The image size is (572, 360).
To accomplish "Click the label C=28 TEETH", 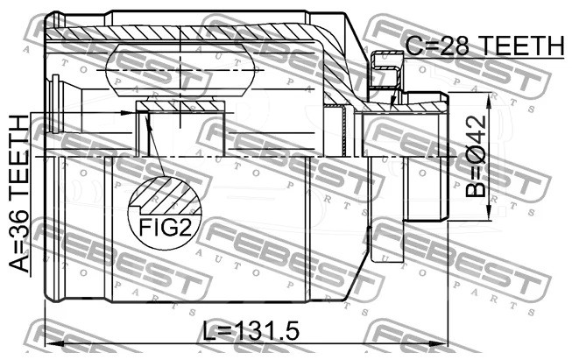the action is point(484,46).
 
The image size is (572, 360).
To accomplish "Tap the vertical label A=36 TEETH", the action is point(18,194).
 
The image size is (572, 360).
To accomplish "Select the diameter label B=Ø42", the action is point(476,156).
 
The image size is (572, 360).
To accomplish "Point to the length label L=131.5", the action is point(251,331).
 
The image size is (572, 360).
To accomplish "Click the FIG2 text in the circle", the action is point(165,228).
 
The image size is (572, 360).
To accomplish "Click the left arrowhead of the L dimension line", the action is point(54,343).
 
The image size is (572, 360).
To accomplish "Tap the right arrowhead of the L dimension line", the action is point(438,343).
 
